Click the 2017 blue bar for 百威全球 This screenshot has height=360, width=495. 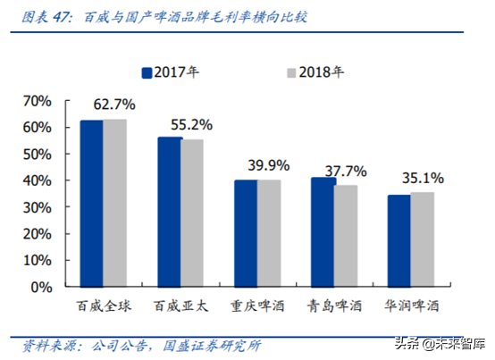coord(91,204)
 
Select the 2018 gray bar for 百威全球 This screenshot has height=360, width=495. coord(114,204)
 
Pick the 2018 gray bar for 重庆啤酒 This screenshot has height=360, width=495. coord(269,234)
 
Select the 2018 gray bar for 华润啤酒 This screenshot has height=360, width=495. coord(424,240)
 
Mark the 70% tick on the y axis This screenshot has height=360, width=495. coord(51,101)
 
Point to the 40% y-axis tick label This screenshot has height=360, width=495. coord(51,181)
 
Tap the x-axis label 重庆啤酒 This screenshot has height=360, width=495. coord(257,306)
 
